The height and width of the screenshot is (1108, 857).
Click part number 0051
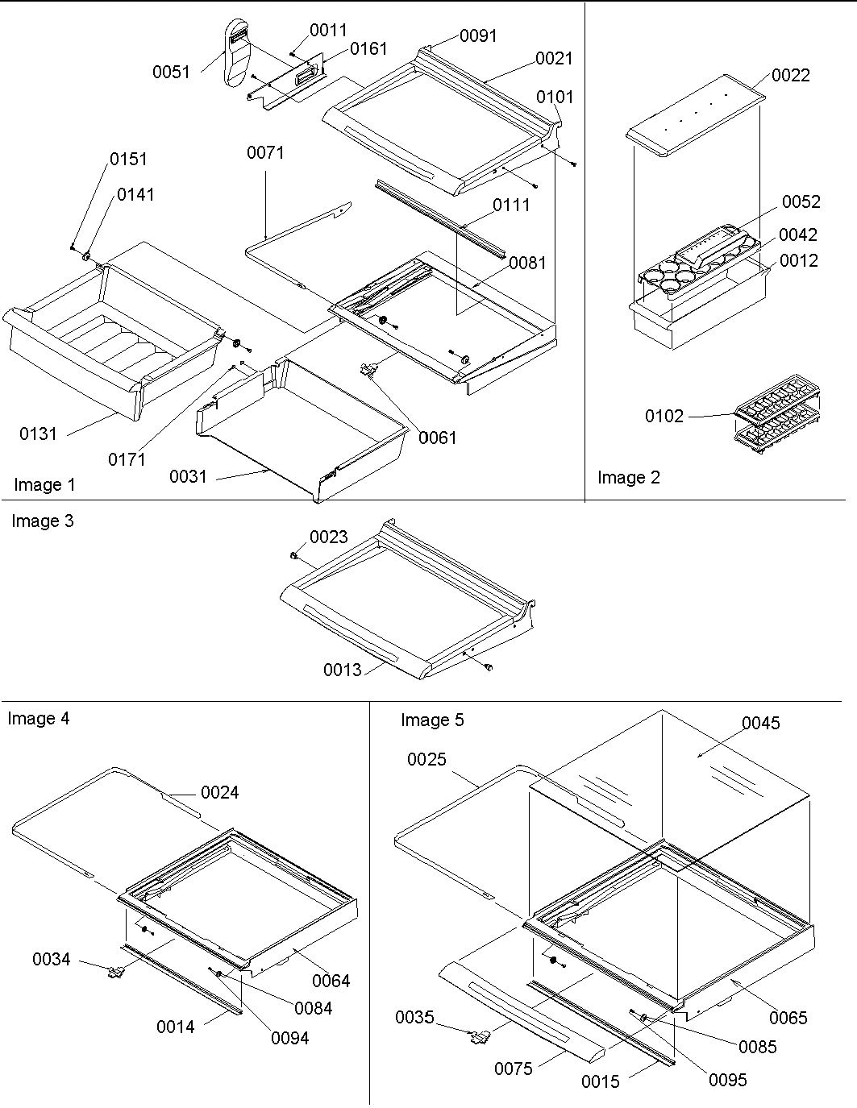[x=171, y=72]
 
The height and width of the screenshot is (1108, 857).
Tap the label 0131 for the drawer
[x=39, y=434]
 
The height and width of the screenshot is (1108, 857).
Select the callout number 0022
[x=790, y=75]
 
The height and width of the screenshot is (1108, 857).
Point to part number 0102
[x=664, y=416]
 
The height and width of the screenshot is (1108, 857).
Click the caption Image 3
[x=42, y=521]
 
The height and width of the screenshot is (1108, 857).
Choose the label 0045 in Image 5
[x=760, y=723]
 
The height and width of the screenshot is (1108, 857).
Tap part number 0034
[x=51, y=958]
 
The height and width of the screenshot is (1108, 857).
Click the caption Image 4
[x=39, y=717]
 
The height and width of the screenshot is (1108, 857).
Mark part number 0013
[x=343, y=669]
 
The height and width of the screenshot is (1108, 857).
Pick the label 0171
[x=127, y=459]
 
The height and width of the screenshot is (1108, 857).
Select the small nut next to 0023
[x=295, y=555]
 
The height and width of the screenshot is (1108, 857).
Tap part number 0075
[x=513, y=1068]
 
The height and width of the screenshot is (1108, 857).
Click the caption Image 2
[x=628, y=477]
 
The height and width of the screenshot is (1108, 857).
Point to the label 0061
[x=437, y=437]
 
